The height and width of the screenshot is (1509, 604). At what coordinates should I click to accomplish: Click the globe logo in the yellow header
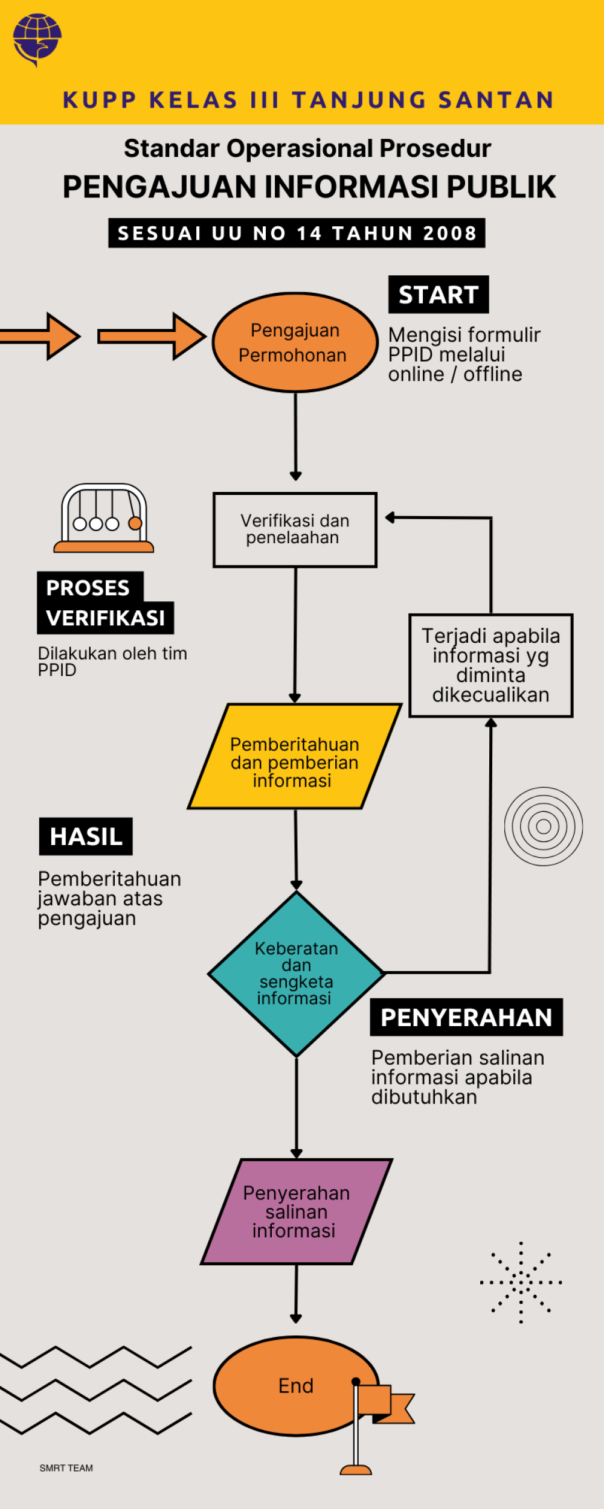tap(37, 39)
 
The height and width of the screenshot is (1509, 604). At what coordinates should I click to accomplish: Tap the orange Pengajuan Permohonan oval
tap(295, 342)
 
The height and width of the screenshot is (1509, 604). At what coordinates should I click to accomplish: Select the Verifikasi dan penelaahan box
tap(295, 529)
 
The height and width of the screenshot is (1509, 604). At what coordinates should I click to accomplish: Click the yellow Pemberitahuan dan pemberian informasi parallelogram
tap(295, 756)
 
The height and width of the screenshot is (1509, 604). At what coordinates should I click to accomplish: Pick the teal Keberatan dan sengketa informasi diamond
tap(296, 973)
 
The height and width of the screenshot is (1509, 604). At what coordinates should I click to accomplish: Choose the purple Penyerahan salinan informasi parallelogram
tap(296, 1211)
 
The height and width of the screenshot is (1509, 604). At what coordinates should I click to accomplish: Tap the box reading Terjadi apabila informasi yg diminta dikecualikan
tap(490, 665)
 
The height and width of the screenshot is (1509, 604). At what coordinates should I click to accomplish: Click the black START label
tap(439, 295)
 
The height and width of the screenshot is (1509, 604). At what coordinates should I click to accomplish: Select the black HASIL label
tap(86, 837)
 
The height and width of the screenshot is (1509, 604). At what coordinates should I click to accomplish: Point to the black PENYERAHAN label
tap(466, 1018)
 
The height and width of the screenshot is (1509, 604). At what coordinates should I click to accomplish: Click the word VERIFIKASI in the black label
tap(106, 618)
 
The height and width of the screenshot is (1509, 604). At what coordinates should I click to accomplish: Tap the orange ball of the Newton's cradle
tap(135, 523)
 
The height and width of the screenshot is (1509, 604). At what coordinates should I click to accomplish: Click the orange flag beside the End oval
tap(387, 1403)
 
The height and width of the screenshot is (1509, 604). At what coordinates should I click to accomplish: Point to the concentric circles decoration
tap(544, 826)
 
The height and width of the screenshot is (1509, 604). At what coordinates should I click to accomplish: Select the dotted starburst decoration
tap(521, 1282)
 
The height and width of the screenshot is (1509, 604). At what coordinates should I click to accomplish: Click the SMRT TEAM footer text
tap(66, 1468)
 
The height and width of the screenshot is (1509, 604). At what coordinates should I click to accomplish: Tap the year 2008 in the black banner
tap(450, 233)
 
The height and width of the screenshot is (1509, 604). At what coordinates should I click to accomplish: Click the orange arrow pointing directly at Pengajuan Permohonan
tap(152, 336)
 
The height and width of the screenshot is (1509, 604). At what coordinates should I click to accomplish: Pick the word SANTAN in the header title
tap(496, 100)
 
